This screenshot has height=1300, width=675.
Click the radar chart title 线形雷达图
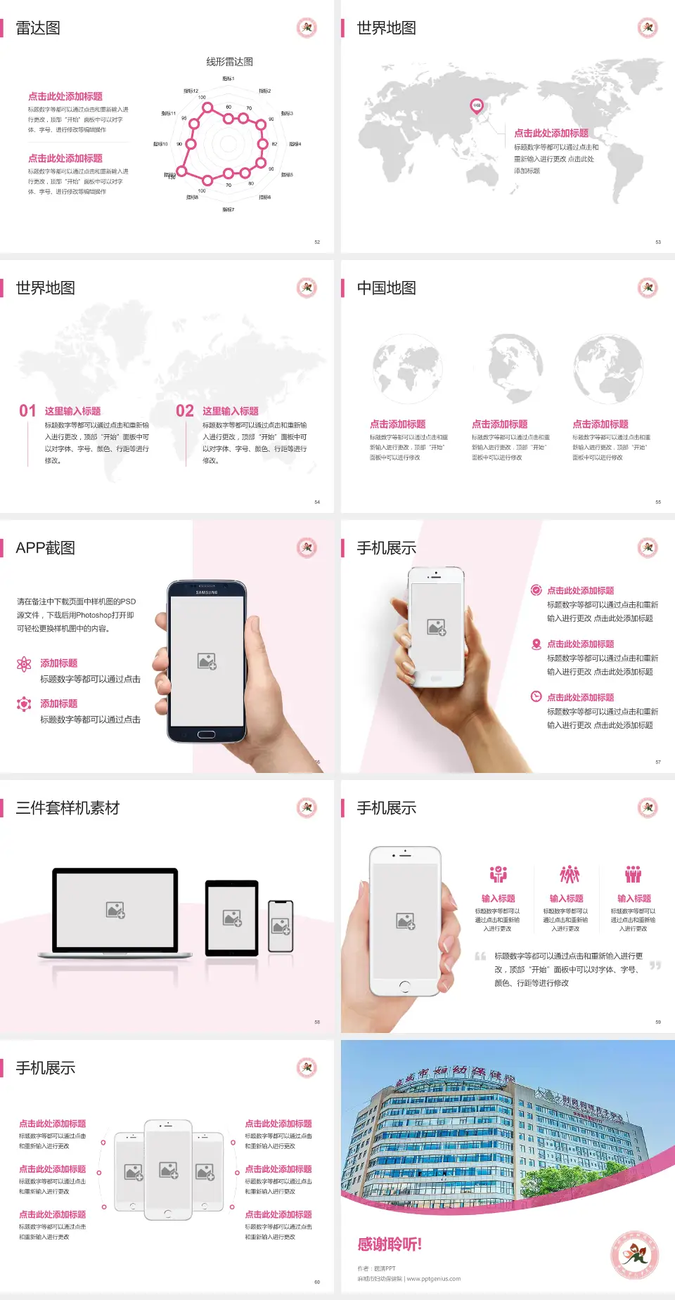pyautogui.click(x=229, y=62)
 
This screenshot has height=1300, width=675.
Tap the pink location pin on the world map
pyautogui.click(x=476, y=106)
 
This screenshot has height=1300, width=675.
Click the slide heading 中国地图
pyautogui.click(x=386, y=288)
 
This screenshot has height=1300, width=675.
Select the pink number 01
pyautogui.click(x=27, y=411)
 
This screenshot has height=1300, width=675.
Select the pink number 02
pyautogui.click(x=185, y=411)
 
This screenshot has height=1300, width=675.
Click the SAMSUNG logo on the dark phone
pyautogui.click(x=207, y=592)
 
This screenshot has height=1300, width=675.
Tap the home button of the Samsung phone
pyautogui.click(x=206, y=734)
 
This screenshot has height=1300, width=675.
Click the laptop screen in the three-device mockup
pyautogui.click(x=115, y=910)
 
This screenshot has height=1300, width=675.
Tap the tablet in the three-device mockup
pyautogui.click(x=232, y=917)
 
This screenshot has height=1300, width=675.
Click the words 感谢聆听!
pyautogui.click(x=390, y=1244)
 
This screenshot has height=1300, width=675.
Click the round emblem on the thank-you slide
pyautogui.click(x=634, y=1255)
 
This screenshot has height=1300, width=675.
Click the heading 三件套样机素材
pyautogui.click(x=67, y=808)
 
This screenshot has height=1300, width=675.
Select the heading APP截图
pyautogui.click(x=46, y=548)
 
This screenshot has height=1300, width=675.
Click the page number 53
pyautogui.click(x=658, y=242)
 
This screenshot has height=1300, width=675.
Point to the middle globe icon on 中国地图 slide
pyautogui.click(x=508, y=368)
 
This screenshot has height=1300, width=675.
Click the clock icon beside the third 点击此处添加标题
pyautogui.click(x=536, y=696)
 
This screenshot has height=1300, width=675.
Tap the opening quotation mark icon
pyautogui.click(x=480, y=956)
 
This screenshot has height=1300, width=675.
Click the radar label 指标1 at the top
pyautogui.click(x=229, y=79)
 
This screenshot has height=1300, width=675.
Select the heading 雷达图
pyautogui.click(x=38, y=28)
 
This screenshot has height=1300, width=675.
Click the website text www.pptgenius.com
pyautogui.click(x=434, y=1279)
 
